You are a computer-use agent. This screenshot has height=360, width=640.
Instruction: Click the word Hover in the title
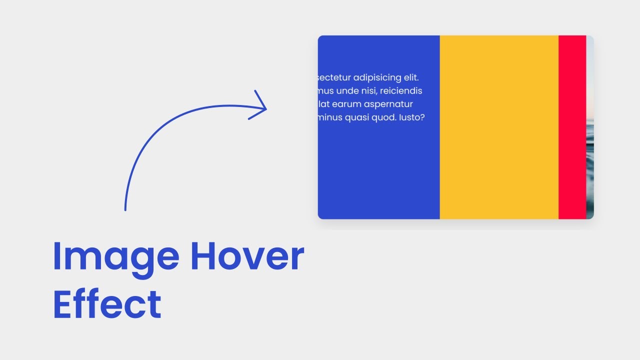tap(247, 256)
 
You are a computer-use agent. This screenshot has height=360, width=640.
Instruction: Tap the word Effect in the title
tap(107, 303)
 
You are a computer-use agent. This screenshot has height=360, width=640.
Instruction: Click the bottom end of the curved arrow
tap(125, 209)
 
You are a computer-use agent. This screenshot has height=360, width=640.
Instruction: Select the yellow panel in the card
tap(498, 127)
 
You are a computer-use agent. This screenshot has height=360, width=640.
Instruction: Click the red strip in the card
tap(572, 127)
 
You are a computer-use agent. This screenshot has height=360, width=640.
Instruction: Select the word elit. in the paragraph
tap(411, 78)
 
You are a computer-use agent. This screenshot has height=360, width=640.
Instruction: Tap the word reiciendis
tap(402, 91)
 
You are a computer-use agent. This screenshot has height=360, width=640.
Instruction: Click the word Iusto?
tap(413, 117)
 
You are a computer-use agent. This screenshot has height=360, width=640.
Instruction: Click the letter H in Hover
tap(201, 255)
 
